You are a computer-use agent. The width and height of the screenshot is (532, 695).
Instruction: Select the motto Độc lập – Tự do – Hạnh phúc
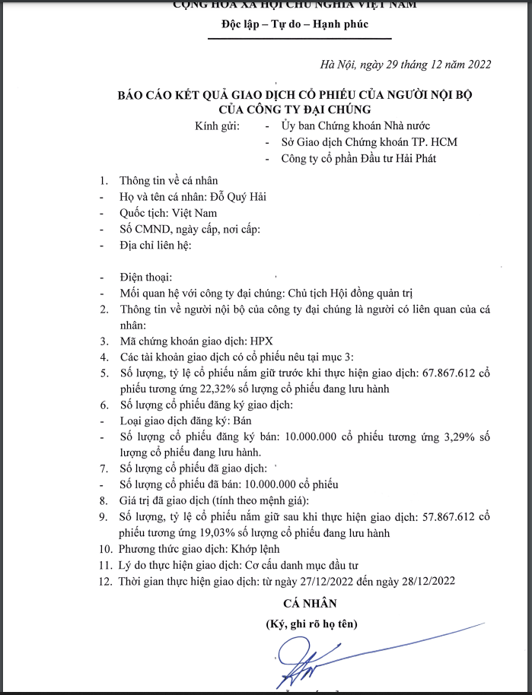[x=295, y=24]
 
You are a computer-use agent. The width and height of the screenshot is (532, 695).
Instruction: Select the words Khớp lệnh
[x=257, y=549]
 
